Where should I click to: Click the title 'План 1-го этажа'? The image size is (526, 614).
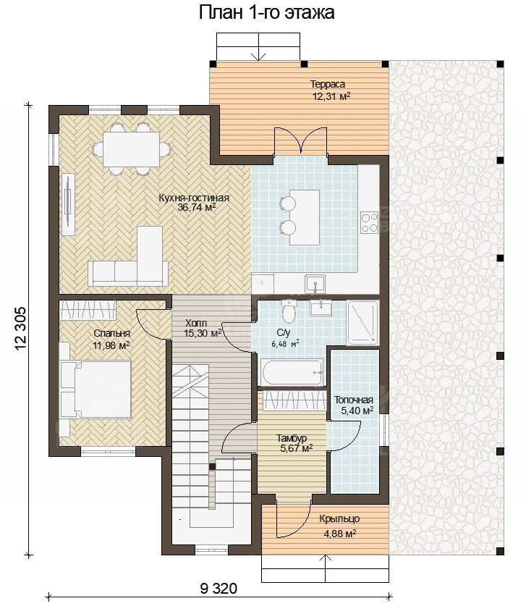tap(266, 12)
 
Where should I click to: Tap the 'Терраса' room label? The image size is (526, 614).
tap(328, 84)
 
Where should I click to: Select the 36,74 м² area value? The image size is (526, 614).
tap(197, 208)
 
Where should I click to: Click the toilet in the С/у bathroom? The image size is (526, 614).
tap(289, 308)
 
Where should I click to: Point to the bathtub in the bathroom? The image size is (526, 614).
tap(293, 372)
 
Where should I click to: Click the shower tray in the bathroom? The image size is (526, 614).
tap(362, 323)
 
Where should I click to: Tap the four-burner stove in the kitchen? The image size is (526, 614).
tap(370, 222)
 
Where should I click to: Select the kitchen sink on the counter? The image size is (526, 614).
tap(315, 284)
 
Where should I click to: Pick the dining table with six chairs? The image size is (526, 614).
tap(131, 149)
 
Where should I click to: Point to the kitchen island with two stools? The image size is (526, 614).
tap(300, 217)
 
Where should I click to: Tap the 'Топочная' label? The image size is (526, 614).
tap(353, 400)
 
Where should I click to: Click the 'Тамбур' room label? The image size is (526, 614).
tap(292, 438)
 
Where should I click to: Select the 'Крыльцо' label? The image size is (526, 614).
tap(339, 519)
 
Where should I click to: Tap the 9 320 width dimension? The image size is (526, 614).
tap(219, 588)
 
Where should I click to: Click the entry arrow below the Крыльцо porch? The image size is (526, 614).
tap(325, 568)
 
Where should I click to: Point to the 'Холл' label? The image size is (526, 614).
tap(196, 324)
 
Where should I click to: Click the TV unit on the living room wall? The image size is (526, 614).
tap(68, 203)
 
